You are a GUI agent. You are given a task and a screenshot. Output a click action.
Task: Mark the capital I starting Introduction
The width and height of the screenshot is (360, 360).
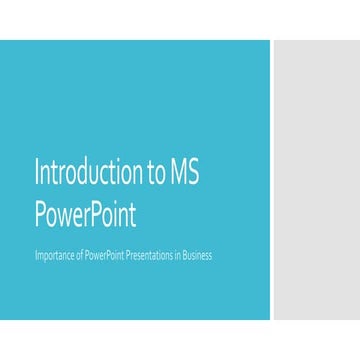pos(38,172)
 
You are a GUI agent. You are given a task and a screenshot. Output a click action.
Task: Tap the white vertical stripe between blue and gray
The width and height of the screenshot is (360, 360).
pos(271,180)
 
